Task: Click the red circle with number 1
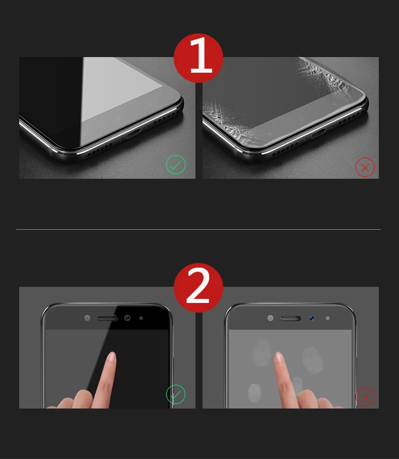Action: point(198,58)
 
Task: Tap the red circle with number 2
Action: point(198,287)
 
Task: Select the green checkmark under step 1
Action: point(176,165)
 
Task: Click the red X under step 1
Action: point(365,167)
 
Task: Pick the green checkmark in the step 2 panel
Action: point(176,394)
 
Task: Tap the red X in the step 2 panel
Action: point(365,397)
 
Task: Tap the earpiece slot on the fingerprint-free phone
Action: point(107,318)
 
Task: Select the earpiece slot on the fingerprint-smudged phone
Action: point(290,318)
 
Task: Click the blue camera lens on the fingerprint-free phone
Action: point(127,318)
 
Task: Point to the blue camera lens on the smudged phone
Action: point(312,318)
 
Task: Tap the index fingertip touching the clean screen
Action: point(112,356)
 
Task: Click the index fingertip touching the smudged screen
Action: point(278,356)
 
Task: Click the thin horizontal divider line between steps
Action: point(198,229)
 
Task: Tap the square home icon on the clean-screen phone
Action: point(117,119)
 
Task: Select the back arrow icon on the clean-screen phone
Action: point(150,104)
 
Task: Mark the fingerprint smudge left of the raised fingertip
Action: point(262,352)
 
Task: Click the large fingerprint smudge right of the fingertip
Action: point(313,361)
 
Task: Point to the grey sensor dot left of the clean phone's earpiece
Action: point(87,318)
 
